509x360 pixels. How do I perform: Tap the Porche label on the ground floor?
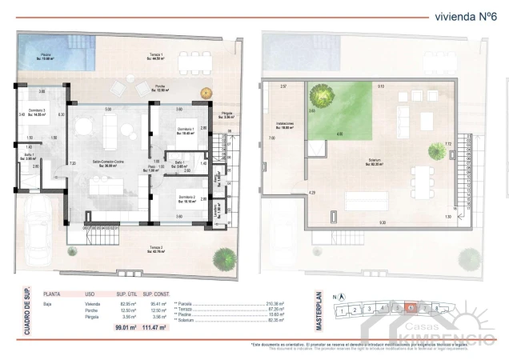(x=159, y=90)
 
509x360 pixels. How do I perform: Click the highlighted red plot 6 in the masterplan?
(x=411, y=307)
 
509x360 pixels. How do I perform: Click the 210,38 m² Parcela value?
(x=275, y=304)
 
